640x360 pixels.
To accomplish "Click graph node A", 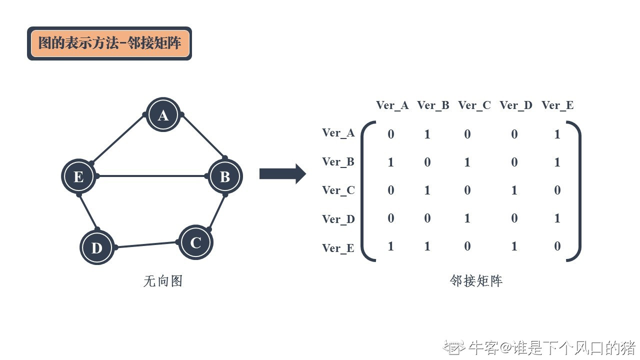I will point(163,115).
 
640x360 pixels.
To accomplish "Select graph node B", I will point(225,176).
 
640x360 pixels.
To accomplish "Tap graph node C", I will point(195,242).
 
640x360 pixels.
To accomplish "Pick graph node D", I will point(97,247).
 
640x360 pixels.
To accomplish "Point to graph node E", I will point(78,176).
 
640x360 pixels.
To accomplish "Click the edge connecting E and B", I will point(151,176).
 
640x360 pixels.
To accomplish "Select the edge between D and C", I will point(146,245).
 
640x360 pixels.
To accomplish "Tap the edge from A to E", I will point(118,138).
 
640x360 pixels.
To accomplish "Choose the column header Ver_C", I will point(474,105).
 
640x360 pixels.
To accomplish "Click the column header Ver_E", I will point(557,105).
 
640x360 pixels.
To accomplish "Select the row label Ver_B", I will point(338,161).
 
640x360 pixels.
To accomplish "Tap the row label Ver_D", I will point(338,219).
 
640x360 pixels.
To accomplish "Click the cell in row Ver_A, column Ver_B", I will point(427,134).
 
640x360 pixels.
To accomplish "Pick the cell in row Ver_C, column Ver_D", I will point(514,190).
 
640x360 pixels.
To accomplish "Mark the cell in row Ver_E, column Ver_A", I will point(390,246).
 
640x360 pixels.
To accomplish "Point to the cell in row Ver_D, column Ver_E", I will point(557,218).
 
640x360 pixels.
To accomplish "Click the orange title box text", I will point(109,43).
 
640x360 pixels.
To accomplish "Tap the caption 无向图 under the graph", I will point(163,281).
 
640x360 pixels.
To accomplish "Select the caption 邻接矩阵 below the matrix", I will point(476,281).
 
